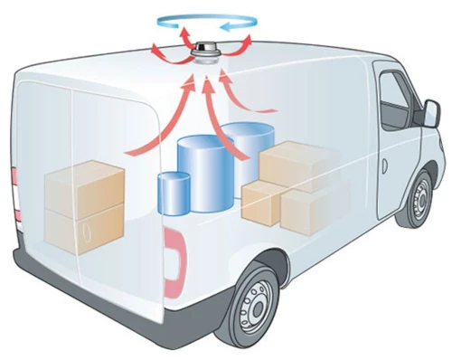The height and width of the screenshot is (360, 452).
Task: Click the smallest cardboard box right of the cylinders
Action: (x=263, y=204)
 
